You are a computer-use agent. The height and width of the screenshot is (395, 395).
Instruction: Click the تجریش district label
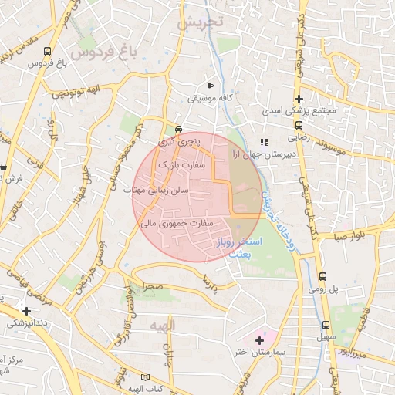click(x=199, y=22)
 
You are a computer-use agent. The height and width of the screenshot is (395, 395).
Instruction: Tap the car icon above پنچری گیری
click(x=179, y=129)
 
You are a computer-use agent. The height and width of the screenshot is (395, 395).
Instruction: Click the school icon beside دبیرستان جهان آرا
click(x=264, y=142)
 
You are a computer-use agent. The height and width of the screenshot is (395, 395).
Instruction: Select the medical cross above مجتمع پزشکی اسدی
click(x=299, y=99)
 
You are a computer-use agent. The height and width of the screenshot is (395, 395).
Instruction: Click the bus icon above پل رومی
click(x=322, y=276)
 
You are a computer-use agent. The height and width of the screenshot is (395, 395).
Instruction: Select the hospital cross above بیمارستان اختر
click(x=259, y=339)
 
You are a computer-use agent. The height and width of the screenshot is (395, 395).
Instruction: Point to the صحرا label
click(x=152, y=286)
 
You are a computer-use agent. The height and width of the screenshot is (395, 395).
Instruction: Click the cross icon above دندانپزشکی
click(x=27, y=311)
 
